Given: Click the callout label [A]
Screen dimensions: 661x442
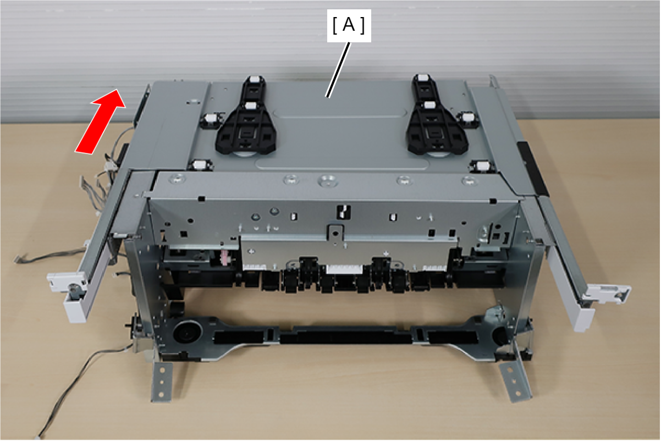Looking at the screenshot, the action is [x=349, y=25].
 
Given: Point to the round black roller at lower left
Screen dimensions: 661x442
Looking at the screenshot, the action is [x=187, y=333].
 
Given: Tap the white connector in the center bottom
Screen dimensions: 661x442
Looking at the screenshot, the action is [x=344, y=269].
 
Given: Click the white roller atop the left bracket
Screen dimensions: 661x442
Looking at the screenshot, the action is [x=254, y=80].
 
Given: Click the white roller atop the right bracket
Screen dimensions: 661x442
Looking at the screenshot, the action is [x=422, y=78].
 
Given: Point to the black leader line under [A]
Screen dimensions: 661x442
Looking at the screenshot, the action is [x=338, y=70].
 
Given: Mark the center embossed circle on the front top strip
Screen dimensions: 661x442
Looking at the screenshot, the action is [x=328, y=180].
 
